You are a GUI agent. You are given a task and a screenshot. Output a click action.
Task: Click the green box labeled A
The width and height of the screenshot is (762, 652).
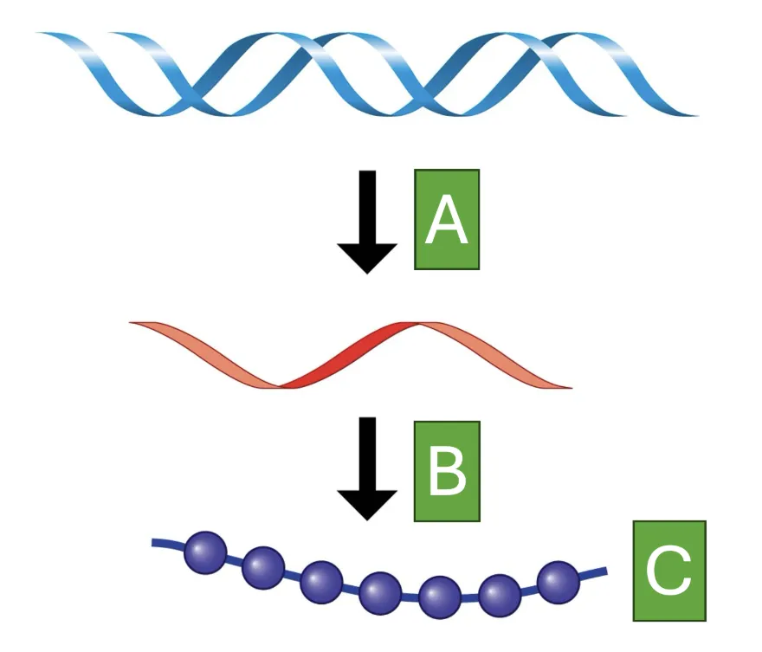tap(447, 219)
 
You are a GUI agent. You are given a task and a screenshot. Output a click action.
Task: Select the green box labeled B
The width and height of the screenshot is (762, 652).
tap(447, 471)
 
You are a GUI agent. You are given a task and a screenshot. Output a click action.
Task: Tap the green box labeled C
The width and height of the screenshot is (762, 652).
tap(669, 571)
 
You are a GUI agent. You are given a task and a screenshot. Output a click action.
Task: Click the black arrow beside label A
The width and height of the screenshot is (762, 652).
tap(367, 222)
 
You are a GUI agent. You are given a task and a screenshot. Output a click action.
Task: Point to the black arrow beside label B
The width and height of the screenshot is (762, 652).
tap(367, 468)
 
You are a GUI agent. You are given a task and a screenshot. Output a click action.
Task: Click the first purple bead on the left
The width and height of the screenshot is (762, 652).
tap(205, 552)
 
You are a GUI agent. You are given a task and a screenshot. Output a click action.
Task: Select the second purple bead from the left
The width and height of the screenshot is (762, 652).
tap(263, 567)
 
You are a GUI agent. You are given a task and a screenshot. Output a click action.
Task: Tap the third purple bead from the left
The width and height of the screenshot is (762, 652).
tap(321, 582)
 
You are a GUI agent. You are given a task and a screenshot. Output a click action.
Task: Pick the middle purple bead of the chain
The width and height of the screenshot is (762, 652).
tap(380, 593)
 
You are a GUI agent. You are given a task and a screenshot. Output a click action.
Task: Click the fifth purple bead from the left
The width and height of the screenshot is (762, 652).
tap(439, 597)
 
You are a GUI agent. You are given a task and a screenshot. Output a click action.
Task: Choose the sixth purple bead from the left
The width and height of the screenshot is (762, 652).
tap(499, 595)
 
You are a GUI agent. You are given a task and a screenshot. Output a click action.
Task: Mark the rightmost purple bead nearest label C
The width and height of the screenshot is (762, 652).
tap(559, 582)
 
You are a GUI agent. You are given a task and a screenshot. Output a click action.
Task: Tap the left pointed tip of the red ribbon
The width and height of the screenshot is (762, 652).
tap(129, 322)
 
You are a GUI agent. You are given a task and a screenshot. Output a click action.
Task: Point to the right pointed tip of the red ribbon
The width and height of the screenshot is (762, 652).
tap(572, 388)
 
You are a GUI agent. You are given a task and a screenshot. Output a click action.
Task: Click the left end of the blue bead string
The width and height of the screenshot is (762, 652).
tap(152, 543)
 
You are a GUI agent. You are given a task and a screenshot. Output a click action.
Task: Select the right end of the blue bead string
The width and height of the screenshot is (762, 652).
tap(606, 571)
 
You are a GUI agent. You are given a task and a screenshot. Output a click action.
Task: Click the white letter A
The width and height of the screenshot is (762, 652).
tap(447, 219)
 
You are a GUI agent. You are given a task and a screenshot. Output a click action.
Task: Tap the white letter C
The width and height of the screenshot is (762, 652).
tap(668, 570)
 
